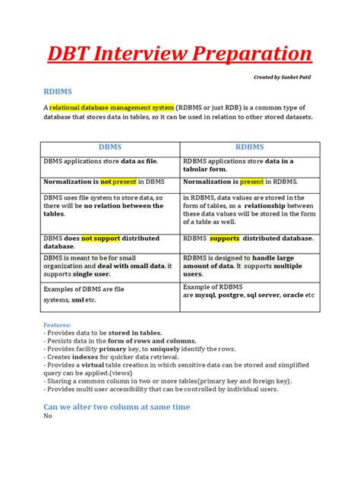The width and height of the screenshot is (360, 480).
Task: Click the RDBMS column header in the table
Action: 249,147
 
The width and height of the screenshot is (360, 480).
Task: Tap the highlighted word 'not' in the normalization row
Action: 106,182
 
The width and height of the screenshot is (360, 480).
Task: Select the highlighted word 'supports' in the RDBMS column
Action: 225,238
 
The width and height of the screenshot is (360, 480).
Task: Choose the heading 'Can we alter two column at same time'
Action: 117,406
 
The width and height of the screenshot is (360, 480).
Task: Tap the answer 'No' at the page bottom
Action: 48,416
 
